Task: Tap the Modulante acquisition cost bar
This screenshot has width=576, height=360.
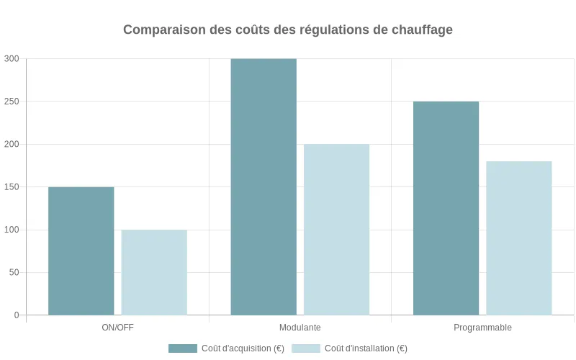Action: click(264, 186)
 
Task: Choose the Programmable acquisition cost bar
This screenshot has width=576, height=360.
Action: click(446, 208)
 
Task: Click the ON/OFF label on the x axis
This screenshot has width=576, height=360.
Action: click(117, 328)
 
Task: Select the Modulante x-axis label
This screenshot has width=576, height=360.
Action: click(300, 328)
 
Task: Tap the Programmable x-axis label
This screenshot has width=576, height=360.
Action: click(482, 328)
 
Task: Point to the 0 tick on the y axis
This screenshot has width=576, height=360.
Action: click(16, 315)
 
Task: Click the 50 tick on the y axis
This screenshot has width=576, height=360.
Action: click(14, 272)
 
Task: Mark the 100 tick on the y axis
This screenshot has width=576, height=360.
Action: click(12, 230)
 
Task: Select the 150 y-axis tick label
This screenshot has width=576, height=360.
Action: click(12, 187)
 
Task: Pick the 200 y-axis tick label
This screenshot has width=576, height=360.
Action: click(12, 144)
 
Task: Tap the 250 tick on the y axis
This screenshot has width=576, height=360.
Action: click(12, 102)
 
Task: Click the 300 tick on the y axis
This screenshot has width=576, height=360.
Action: click(12, 59)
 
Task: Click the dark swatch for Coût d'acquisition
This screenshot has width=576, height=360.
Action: click(183, 348)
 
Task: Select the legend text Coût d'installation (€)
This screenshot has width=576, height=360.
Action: click(366, 348)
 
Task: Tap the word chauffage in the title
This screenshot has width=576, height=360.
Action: click(422, 30)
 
